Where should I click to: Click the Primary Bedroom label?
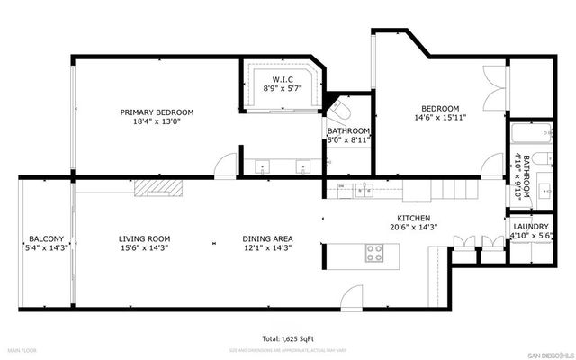click(157, 112)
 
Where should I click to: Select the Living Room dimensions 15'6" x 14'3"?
click(144, 249)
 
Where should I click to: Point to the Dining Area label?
click(267, 238)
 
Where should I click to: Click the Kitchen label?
click(414, 219)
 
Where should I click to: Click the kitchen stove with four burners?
click(373, 254)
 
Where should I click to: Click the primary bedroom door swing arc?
click(228, 166)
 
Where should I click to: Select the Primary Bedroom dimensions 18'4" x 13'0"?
click(157, 123)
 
